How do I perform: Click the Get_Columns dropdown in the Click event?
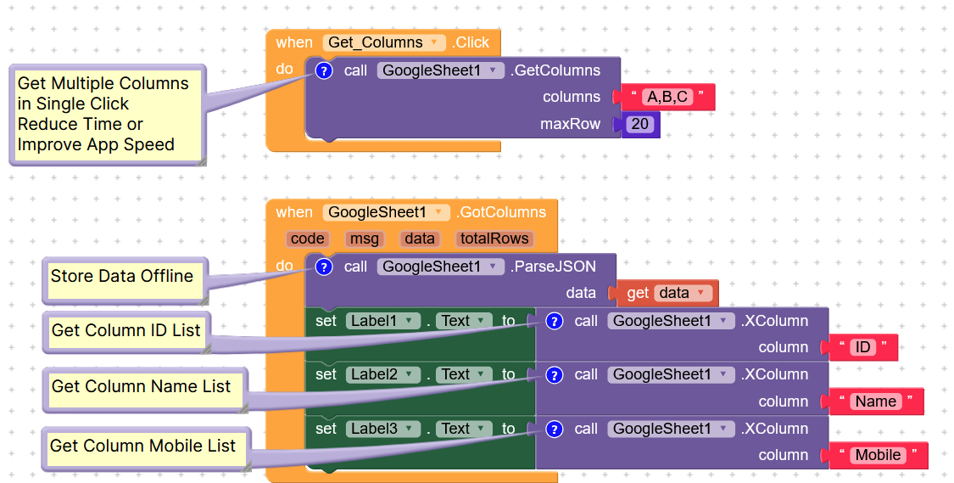point(384,42)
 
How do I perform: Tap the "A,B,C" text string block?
point(667,97)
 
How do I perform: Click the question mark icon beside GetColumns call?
point(323,70)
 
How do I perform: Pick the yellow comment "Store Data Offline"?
point(122,277)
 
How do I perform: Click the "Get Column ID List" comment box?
point(126,330)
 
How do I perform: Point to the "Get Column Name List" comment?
point(141,387)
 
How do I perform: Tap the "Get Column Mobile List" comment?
point(142,446)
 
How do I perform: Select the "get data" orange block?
point(667,293)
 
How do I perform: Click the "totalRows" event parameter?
point(494,239)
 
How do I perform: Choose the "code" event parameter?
point(307,239)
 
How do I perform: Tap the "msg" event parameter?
point(365,239)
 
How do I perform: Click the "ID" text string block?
point(862,347)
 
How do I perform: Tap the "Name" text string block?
point(876,402)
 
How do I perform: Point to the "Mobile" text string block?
point(878,455)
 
